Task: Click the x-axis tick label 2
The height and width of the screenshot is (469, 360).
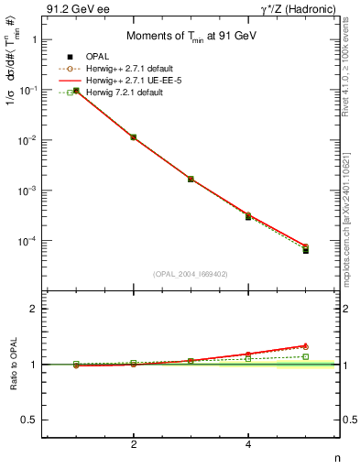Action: point(134,445)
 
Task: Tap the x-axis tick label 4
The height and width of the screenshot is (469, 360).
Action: point(248,445)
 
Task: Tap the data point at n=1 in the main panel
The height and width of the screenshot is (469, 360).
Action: point(76,91)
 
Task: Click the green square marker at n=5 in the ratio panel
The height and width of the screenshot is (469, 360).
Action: point(306,356)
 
